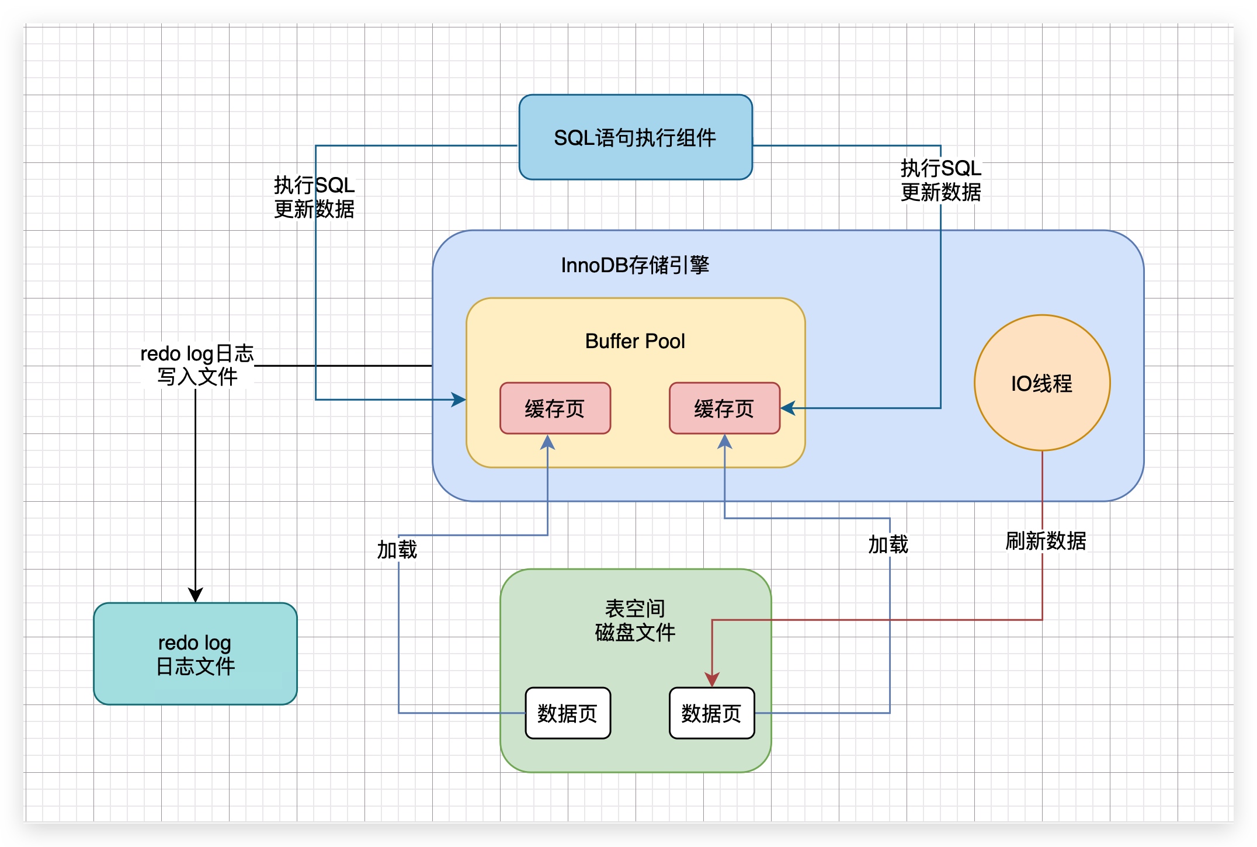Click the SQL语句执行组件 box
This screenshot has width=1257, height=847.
click(636, 137)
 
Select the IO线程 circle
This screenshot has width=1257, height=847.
click(1042, 383)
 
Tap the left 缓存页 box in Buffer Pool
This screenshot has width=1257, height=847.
click(555, 408)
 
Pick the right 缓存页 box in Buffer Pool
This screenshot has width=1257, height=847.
click(724, 408)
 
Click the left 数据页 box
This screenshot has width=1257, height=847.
click(568, 713)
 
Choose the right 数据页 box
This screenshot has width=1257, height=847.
click(711, 713)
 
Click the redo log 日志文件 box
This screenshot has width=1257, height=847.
click(195, 654)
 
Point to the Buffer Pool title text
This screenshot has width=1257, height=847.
click(635, 341)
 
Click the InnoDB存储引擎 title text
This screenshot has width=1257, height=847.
click(635, 265)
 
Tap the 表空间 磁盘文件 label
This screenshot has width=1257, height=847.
click(635, 620)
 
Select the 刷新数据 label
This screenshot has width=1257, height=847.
click(1046, 541)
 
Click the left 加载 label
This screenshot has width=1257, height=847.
click(397, 550)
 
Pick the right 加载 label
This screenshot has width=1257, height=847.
click(888, 544)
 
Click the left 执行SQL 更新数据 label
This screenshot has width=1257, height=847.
click(314, 197)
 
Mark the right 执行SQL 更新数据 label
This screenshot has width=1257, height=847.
click(940, 180)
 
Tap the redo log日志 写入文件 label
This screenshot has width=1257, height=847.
click(197, 365)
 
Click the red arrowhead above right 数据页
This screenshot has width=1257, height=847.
click(711, 679)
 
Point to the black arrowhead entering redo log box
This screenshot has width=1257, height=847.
click(195, 595)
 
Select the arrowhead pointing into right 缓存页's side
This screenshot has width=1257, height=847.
click(788, 408)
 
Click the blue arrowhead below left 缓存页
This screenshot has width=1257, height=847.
click(547, 442)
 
